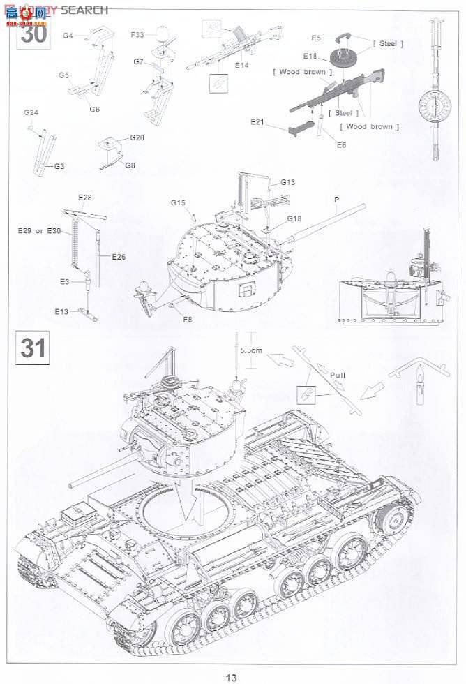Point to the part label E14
click(x=242, y=65)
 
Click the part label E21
click(x=258, y=121)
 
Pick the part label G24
click(x=31, y=113)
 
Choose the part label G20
click(x=137, y=137)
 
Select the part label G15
click(x=177, y=202)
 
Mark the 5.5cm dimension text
click(x=250, y=351)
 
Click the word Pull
click(x=338, y=375)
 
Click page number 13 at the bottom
click(x=232, y=676)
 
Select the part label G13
click(x=288, y=182)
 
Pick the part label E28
click(x=84, y=198)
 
